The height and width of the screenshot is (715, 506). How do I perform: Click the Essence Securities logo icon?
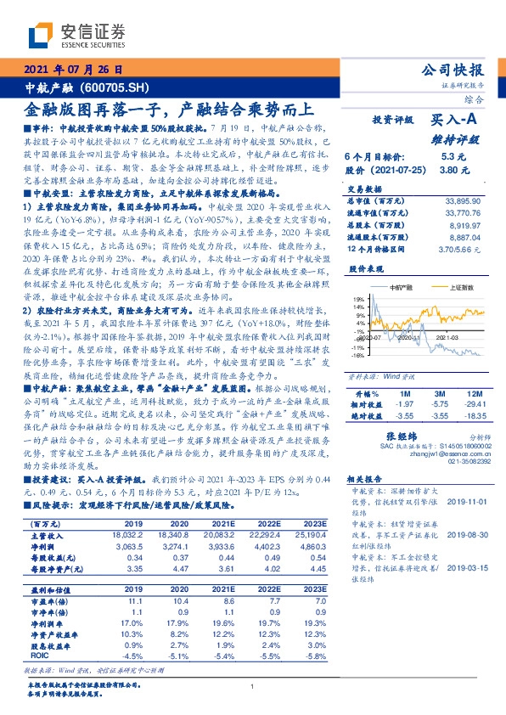[x=39, y=35]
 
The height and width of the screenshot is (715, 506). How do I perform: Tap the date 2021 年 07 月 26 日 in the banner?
[x=74, y=70]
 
